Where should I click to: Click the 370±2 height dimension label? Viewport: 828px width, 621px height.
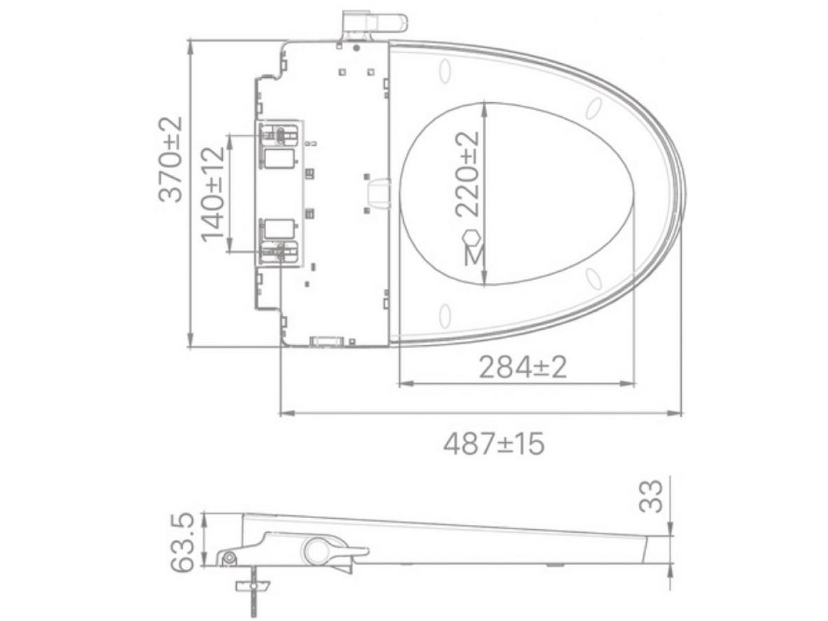pos(170,160)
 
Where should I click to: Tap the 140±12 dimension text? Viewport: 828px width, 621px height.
pos(214,194)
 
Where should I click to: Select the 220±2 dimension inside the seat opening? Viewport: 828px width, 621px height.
pos(468,174)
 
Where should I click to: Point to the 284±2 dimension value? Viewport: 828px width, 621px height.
pos(523,368)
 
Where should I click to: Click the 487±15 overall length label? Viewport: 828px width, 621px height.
pos(494,444)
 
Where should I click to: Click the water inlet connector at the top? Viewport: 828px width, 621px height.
pos(374,23)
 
